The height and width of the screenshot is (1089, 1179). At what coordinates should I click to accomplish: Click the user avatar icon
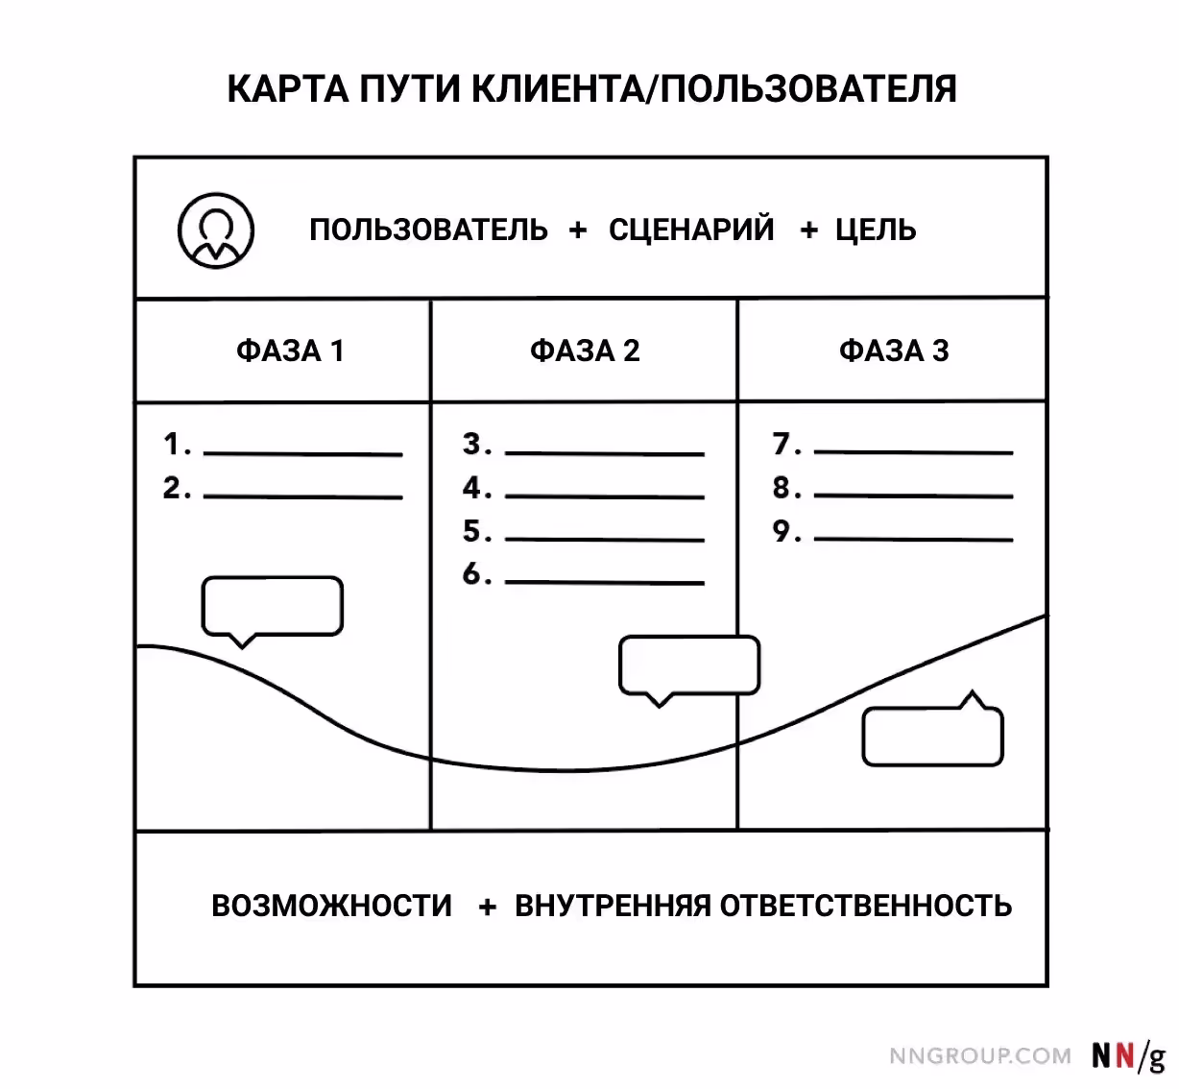point(216,230)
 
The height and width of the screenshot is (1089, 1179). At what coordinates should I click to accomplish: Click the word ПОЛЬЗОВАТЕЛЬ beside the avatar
point(428,230)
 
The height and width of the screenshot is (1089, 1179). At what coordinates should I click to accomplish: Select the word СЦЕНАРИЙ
point(691,230)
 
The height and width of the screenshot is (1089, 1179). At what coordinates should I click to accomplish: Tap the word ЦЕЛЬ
point(876,230)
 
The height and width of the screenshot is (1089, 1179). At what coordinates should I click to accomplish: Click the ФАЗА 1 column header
point(290,351)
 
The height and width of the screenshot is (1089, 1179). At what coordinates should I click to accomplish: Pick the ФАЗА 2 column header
point(585,351)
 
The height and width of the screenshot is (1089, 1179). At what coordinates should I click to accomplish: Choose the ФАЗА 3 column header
point(894,351)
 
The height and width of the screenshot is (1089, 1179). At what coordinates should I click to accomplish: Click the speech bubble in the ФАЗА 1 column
point(272,607)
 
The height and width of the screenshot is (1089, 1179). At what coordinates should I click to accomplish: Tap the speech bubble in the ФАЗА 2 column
point(689,665)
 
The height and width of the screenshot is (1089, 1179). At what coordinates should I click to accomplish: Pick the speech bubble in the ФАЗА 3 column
point(933,736)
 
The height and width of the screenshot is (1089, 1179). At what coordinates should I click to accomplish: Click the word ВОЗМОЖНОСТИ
point(331,906)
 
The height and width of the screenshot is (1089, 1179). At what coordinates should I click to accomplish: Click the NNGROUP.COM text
point(980,1056)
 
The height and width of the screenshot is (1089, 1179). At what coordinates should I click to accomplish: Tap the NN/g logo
point(1128,1055)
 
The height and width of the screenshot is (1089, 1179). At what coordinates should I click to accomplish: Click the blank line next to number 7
point(913,451)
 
